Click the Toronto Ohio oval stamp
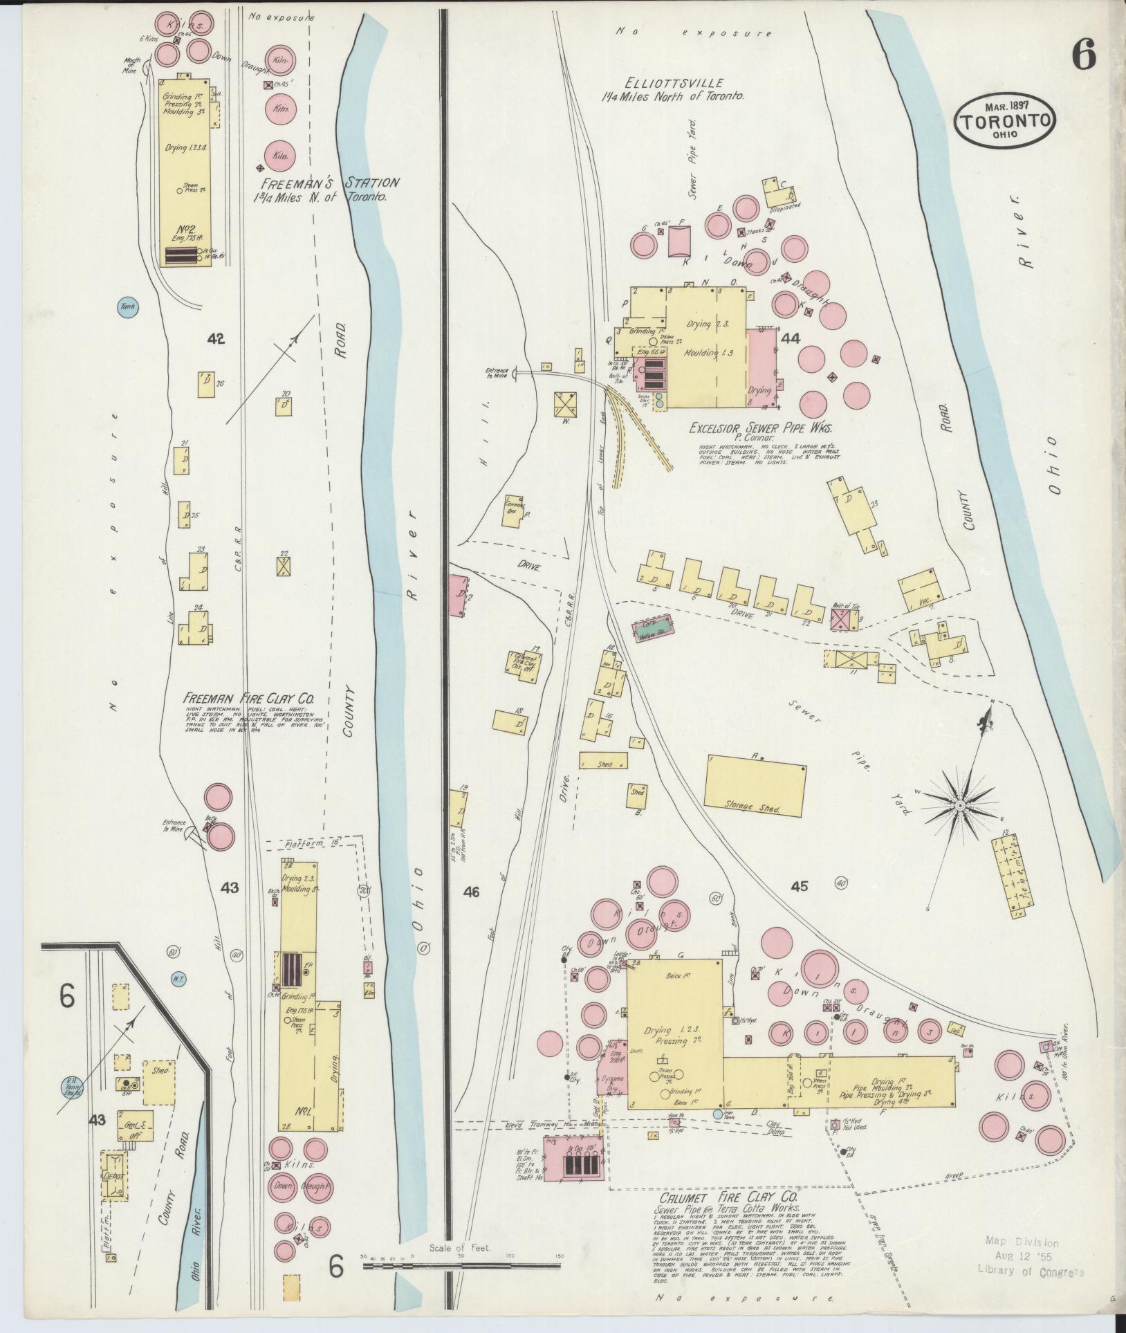tap(1006, 121)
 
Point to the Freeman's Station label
tap(330, 183)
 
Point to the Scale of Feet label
tap(459, 1248)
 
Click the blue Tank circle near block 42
tap(126, 307)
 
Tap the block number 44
tap(790, 338)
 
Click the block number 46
tap(472, 892)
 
